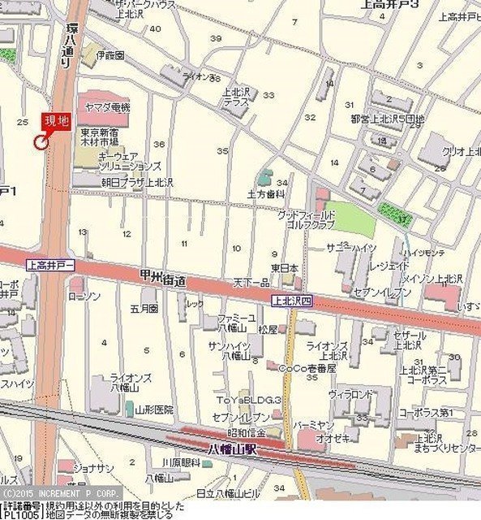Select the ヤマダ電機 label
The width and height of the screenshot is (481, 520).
click(103, 107)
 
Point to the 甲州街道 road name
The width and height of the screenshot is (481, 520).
click(162, 279)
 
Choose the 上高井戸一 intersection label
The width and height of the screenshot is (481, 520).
click(50, 265)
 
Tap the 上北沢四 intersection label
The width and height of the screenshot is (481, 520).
click(290, 299)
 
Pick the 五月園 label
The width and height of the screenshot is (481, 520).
click(143, 310)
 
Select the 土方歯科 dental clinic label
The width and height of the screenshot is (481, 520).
click(266, 195)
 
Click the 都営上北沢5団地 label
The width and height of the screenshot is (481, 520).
click(387, 119)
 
